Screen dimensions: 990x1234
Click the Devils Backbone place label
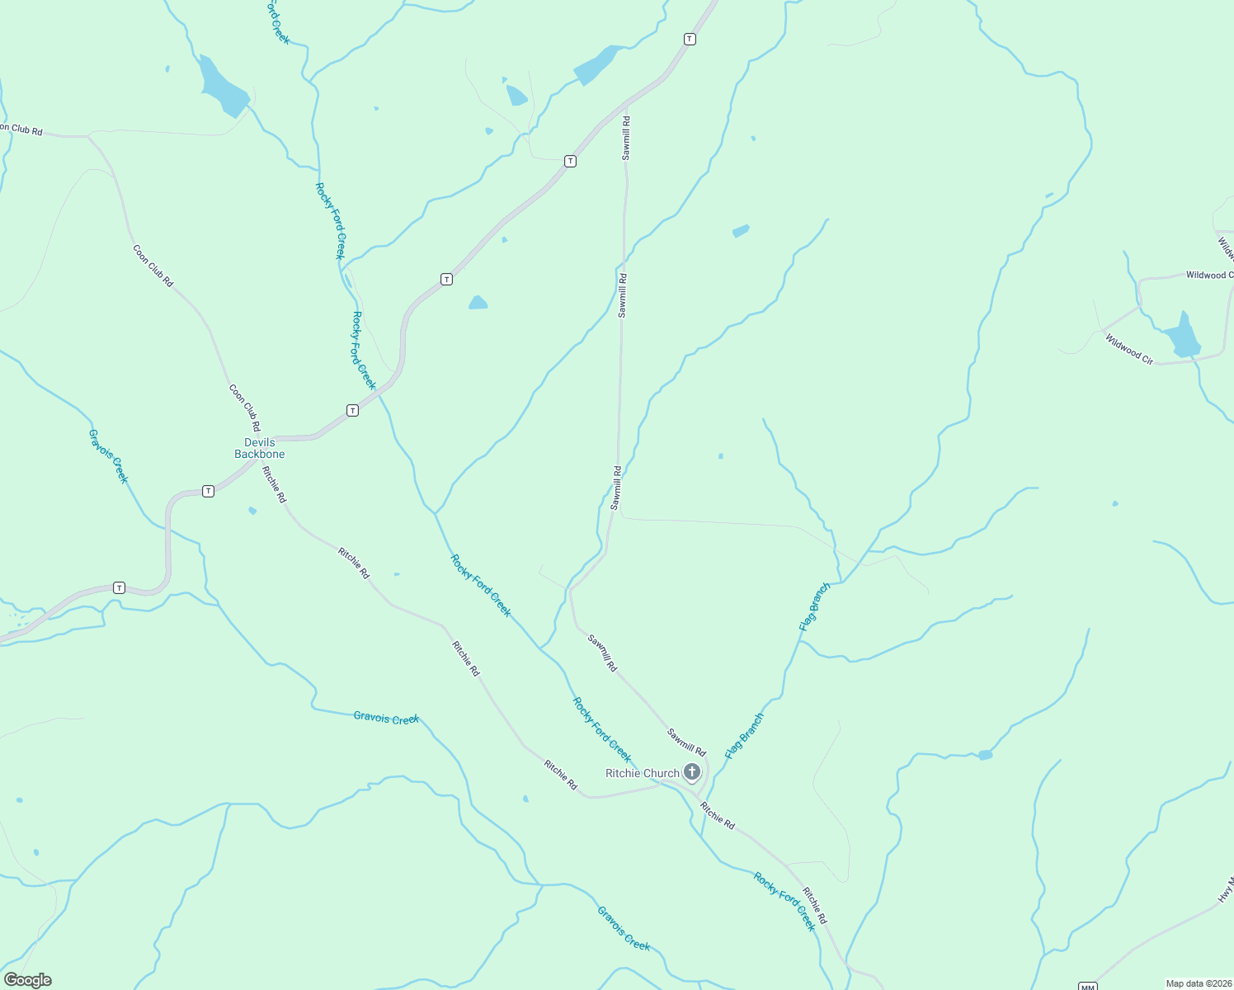tap(259, 449)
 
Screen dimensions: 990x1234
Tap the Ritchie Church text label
tap(643, 773)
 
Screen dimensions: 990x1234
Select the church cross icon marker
tap(692, 772)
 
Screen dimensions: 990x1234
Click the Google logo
tap(27, 980)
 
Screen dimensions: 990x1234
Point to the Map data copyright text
tap(1199, 983)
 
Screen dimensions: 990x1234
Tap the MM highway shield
tap(1088, 987)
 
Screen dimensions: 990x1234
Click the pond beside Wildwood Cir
tap(1183, 337)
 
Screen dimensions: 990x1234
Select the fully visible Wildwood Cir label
tap(1129, 349)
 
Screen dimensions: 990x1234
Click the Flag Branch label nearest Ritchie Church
tap(744, 736)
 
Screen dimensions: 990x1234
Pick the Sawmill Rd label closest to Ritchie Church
tap(686, 742)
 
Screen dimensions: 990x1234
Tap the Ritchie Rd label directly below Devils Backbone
tap(274, 484)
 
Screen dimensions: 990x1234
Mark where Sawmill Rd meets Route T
tap(626, 106)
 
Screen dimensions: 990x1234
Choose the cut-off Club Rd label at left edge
tap(21, 130)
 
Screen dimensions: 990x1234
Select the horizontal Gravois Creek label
tap(386, 718)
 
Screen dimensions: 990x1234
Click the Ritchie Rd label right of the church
tap(717, 815)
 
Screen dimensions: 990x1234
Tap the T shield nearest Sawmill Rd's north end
tap(690, 39)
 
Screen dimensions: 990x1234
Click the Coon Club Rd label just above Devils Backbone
tap(245, 408)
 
